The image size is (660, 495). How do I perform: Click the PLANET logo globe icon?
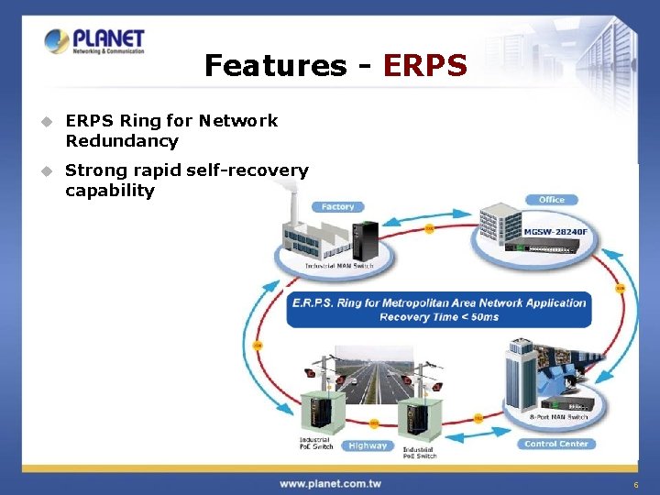coord(57,42)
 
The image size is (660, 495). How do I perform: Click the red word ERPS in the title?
coord(425,66)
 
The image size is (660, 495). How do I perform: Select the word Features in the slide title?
coord(276,66)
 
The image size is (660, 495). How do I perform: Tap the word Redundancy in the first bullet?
coord(122,141)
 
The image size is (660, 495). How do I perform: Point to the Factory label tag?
coord(337,207)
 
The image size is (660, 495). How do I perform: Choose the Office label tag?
coord(552,200)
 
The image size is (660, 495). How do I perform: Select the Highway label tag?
coord(368,445)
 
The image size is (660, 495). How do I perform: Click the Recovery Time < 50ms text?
coord(439,316)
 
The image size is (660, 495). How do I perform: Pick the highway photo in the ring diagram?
coord(375,376)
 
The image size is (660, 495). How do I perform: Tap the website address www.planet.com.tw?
coord(330,483)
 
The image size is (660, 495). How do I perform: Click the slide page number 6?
coord(635,484)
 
